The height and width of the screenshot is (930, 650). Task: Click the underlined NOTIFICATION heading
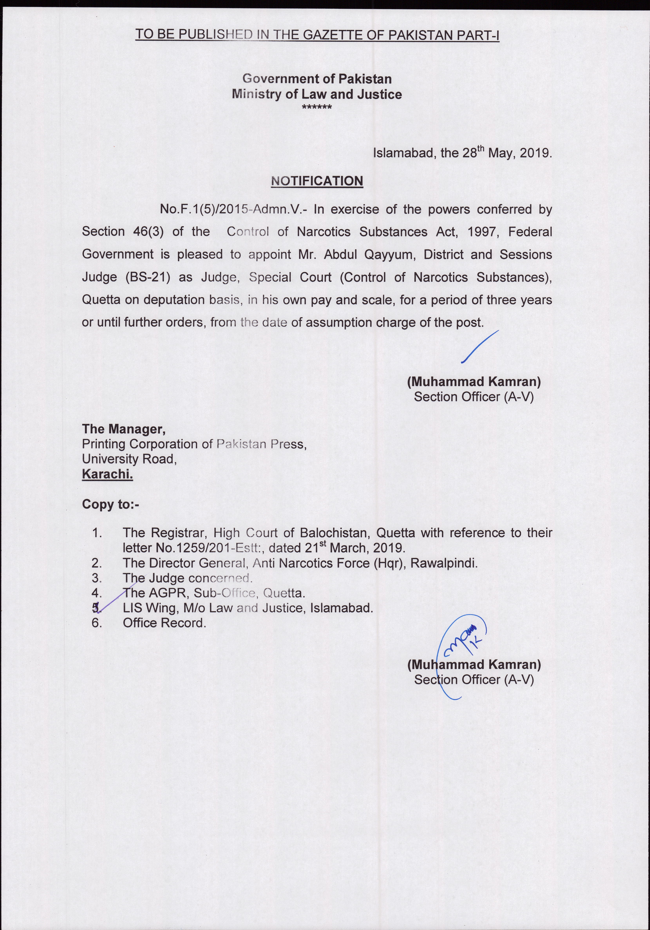pyautogui.click(x=317, y=181)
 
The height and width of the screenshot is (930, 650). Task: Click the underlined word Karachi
pyautogui.click(x=107, y=474)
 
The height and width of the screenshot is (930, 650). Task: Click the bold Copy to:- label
pyautogui.click(x=110, y=504)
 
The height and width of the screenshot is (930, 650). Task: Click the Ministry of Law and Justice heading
pyautogui.click(x=317, y=94)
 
